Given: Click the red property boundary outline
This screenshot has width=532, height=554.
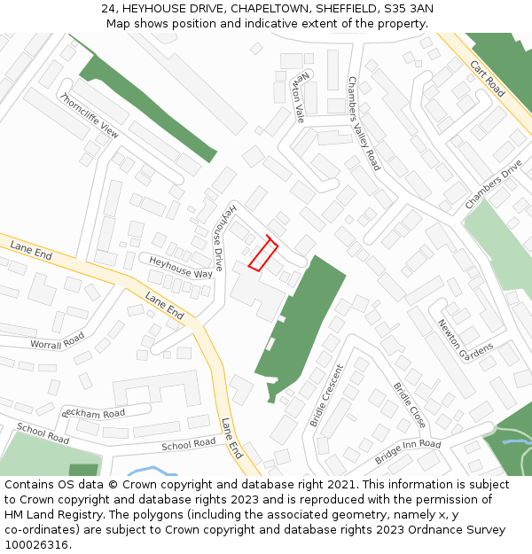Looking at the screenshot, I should [x=262, y=254].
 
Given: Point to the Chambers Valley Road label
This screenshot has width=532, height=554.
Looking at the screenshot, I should [x=364, y=123].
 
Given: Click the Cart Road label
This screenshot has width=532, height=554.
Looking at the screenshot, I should [x=487, y=79].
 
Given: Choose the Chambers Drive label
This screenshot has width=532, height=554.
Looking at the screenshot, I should [x=493, y=185].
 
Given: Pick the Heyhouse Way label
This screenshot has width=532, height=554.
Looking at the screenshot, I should [x=181, y=268].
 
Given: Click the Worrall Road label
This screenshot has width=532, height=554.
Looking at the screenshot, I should [x=57, y=342].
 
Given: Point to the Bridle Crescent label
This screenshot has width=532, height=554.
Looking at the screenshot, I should [x=325, y=395].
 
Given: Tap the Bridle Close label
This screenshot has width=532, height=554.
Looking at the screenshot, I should [x=410, y=404].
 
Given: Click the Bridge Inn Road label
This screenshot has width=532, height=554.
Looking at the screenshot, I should [x=407, y=451].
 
